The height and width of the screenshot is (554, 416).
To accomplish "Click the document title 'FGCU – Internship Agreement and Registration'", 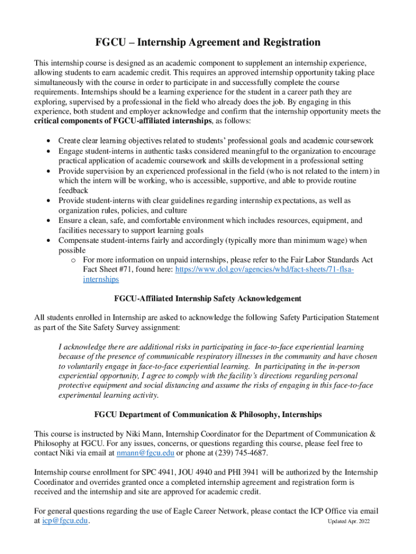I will pos(208,42).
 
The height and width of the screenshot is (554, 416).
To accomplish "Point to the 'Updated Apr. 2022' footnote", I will pos(348,522).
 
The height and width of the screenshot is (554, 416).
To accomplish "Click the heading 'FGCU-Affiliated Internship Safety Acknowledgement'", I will pos(208,299).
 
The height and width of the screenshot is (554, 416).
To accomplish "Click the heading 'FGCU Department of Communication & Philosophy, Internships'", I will pos(208,414).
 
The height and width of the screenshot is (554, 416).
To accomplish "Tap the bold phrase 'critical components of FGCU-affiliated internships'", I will pos(124,121).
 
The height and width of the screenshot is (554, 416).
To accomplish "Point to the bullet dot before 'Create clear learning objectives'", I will pos(49,141).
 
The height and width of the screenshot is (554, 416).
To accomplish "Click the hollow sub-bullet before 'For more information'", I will pos(72,260).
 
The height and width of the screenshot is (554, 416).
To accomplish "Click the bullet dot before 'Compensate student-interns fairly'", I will pos(49,241).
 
